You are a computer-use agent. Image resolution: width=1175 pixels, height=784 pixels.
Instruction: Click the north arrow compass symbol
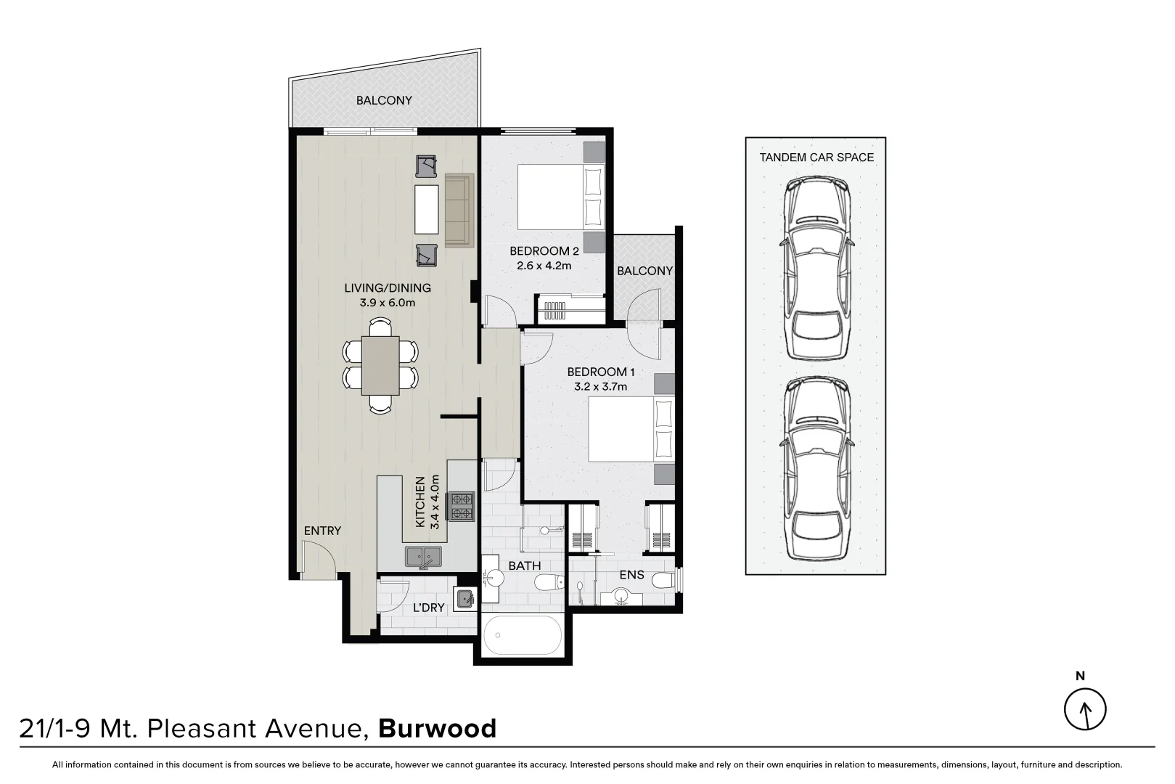[x=1085, y=709]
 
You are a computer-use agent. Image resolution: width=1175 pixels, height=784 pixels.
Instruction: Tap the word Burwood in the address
[x=438, y=728]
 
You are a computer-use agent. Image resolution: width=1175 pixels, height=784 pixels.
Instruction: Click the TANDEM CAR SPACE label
[x=816, y=157]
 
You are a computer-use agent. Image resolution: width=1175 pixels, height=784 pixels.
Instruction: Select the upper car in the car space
[x=816, y=269]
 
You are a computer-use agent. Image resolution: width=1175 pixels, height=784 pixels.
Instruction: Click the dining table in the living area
[x=380, y=365]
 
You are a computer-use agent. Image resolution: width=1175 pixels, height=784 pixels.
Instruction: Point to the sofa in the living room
[x=459, y=209]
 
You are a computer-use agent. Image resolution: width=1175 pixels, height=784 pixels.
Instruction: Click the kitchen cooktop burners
[x=462, y=506]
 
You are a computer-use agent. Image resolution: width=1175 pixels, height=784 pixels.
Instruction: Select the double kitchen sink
[x=426, y=557]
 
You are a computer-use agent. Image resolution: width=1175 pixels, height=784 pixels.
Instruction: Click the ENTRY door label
[x=322, y=531]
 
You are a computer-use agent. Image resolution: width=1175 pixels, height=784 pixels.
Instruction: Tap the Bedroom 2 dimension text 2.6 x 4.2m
[x=544, y=266]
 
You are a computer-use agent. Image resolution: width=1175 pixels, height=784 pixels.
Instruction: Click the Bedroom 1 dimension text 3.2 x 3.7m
[x=600, y=386]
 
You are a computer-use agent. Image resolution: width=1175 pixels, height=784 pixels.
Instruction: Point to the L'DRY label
[x=428, y=607]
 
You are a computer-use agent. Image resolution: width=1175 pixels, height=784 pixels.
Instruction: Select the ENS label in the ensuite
[x=631, y=574]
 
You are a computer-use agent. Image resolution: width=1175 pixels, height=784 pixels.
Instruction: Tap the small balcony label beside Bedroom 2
[x=644, y=271]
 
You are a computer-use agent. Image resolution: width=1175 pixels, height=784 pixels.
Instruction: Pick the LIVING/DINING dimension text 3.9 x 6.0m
[x=387, y=302]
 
